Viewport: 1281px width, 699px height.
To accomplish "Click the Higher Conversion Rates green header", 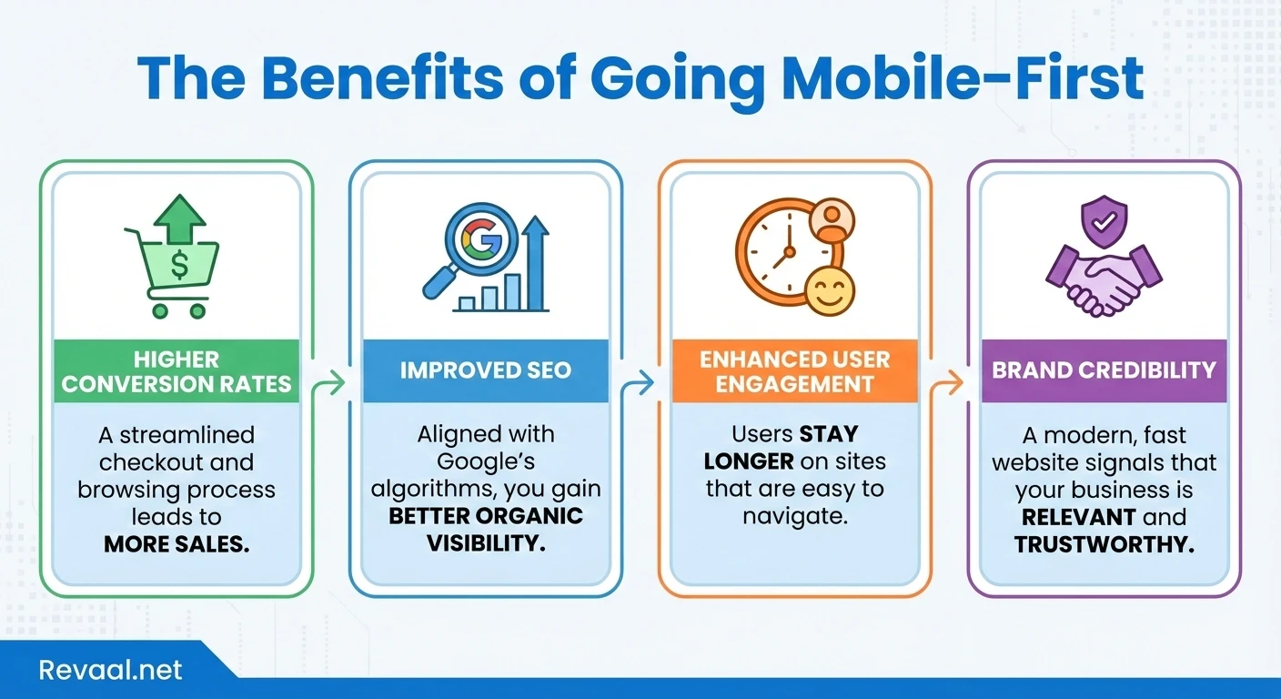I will (177, 370).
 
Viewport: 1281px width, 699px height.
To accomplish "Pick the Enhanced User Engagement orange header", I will (794, 370).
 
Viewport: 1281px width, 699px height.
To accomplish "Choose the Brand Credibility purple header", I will (1104, 370).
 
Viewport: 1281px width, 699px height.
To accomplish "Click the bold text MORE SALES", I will (177, 544).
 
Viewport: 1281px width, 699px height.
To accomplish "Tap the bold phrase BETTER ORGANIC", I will (486, 516).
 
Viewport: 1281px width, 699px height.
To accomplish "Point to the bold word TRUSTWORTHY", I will (1104, 544).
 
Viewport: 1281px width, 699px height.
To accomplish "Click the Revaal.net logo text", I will (110, 671).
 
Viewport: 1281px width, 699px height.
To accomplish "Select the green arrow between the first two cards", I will (331, 384).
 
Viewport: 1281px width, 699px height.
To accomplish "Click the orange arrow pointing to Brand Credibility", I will (950, 384).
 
